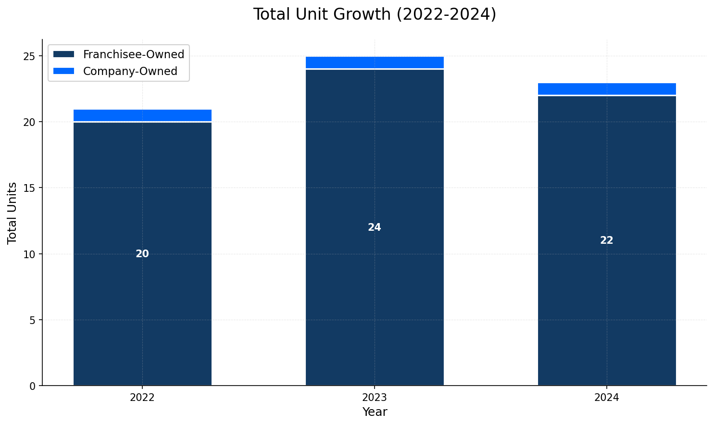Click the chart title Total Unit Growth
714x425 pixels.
coord(375,14)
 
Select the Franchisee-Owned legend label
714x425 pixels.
coord(133,55)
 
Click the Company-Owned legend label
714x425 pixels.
coord(130,71)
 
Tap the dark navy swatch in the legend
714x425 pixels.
coord(63,55)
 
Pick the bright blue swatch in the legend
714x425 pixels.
coord(63,71)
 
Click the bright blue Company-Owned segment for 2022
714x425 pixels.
coord(142,115)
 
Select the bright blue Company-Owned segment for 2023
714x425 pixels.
coord(375,62)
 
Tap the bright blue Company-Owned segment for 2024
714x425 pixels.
coord(607,89)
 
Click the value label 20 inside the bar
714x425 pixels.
coord(142,254)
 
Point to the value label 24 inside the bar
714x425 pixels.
coord(375,227)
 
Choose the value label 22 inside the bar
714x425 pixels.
coord(607,240)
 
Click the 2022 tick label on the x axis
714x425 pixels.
coord(142,398)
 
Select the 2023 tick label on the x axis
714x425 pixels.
coord(375,398)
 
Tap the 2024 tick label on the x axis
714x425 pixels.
coord(607,398)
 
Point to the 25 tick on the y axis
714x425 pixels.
coord(30,56)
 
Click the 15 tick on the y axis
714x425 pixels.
coord(30,188)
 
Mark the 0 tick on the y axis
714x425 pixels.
coord(33,386)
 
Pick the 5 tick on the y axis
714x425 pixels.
coord(33,320)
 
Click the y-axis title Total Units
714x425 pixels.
coord(13,212)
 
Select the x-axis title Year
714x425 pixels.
coord(375,412)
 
